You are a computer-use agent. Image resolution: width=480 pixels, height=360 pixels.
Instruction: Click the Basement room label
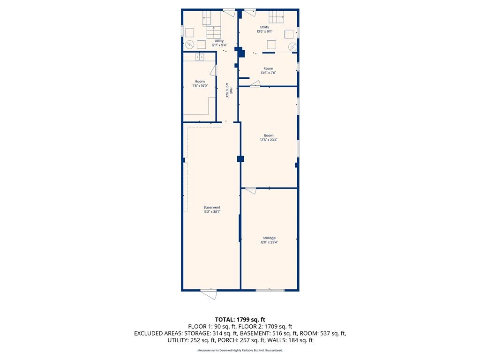pyautogui.click(x=212, y=207)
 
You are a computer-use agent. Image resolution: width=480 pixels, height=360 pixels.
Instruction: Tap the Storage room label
pyautogui.click(x=269, y=238)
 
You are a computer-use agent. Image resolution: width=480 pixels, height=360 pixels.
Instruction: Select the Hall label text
pyautogui.click(x=232, y=91)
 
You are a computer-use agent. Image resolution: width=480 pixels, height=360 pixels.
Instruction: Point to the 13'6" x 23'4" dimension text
pyautogui.click(x=269, y=140)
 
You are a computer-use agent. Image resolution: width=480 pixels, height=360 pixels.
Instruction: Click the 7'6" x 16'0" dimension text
pyautogui.click(x=200, y=86)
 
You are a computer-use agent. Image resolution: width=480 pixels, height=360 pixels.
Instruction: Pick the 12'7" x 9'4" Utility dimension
pyautogui.click(x=219, y=45)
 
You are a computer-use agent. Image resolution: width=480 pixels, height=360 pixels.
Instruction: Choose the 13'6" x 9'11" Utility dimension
pyautogui.click(x=264, y=31)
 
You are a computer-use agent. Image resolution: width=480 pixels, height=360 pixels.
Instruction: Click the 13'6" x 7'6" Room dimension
pyautogui.click(x=269, y=73)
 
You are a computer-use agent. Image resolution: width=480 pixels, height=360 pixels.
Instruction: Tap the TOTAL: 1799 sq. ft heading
pyautogui.click(x=240, y=320)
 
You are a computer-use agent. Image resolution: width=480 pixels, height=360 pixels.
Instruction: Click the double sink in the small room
pyautogui.click(x=200, y=57)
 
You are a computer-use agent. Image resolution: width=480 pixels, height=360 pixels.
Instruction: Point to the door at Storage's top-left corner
pyautogui.click(x=250, y=191)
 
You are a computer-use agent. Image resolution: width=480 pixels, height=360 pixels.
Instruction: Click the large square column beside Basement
pyautogui.click(x=240, y=159)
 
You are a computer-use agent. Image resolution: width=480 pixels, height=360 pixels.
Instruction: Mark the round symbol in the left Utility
pyautogui.click(x=190, y=45)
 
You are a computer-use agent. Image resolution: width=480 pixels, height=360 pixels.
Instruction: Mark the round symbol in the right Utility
pyautogui.click(x=292, y=47)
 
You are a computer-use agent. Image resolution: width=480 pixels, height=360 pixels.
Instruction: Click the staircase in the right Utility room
pyautogui.click(x=276, y=16)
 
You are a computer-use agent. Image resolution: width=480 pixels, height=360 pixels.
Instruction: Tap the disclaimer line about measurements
pyautogui.click(x=240, y=350)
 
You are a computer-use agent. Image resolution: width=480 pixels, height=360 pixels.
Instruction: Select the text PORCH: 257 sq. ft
pyautogui.click(x=239, y=340)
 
